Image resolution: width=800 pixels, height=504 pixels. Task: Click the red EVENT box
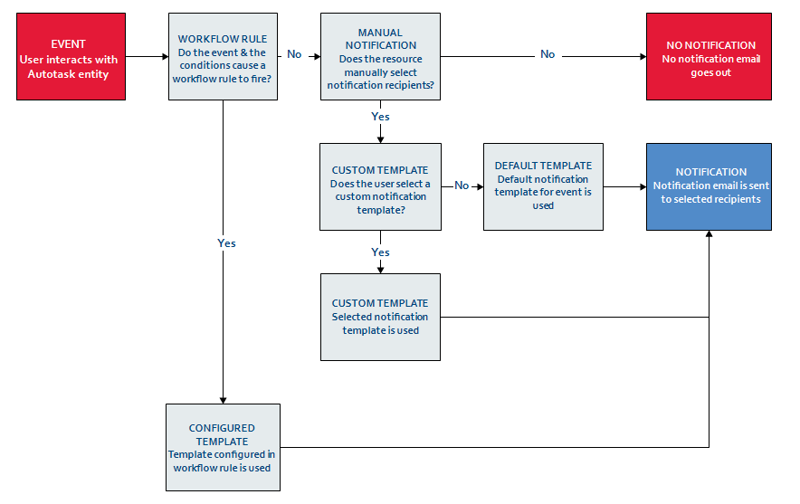pyautogui.click(x=69, y=56)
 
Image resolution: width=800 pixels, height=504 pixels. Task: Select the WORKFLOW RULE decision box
pyautogui.click(x=222, y=56)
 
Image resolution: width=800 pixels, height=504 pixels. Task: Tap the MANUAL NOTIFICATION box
pyautogui.click(x=380, y=56)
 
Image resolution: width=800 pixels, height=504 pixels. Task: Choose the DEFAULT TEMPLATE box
pyautogui.click(x=543, y=186)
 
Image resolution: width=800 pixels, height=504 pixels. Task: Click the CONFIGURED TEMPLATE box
pyautogui.click(x=222, y=447)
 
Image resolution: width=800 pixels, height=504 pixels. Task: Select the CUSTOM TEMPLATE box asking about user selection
pyautogui.click(x=380, y=186)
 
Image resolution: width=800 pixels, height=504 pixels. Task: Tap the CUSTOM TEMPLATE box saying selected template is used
pyautogui.click(x=380, y=317)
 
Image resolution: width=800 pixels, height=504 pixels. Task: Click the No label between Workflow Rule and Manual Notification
pyautogui.click(x=294, y=55)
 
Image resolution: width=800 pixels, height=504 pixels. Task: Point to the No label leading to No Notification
pyautogui.click(x=548, y=55)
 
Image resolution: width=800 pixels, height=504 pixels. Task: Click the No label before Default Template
pyautogui.click(x=462, y=185)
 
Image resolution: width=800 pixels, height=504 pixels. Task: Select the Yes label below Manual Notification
pyautogui.click(x=380, y=117)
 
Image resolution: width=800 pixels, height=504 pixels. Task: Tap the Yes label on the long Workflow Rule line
pyautogui.click(x=226, y=243)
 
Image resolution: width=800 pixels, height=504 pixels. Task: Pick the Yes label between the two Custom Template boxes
pyautogui.click(x=381, y=252)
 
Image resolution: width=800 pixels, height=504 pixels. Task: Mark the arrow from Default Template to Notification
pyautogui.click(x=624, y=186)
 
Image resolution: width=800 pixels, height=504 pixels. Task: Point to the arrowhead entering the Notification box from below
pyautogui.click(x=709, y=235)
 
